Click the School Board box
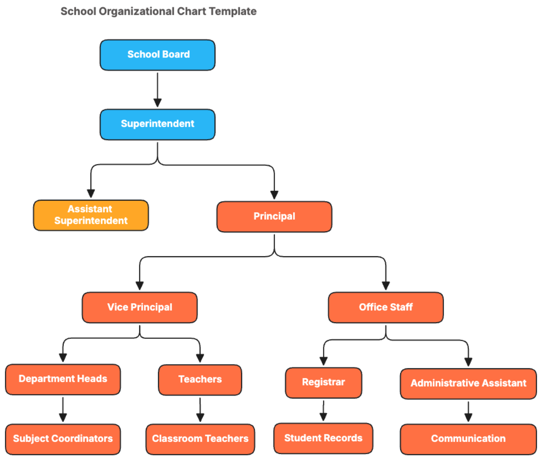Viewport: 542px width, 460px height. [x=157, y=55]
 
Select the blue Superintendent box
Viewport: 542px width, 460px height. [x=157, y=124]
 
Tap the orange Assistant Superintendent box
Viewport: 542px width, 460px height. [x=91, y=215]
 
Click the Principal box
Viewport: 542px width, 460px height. [x=274, y=216]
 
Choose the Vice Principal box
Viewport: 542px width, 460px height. [x=140, y=307]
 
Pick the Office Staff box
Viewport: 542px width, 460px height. [x=386, y=307]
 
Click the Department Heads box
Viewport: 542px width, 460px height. [x=63, y=379]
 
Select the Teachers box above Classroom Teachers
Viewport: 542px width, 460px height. [x=200, y=380]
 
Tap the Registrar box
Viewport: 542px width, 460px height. [x=323, y=382]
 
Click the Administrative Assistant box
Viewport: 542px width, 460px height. [x=468, y=384]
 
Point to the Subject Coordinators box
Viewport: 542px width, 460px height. [x=63, y=439]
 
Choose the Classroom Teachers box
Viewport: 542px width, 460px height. [x=200, y=439]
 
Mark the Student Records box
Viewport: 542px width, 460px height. [x=323, y=438]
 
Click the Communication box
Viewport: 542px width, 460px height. [x=468, y=439]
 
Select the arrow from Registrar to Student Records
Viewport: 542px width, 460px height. [x=323, y=410]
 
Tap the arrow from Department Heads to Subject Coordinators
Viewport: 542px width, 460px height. [x=63, y=409]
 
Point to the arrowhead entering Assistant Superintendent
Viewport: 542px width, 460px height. [x=91, y=193]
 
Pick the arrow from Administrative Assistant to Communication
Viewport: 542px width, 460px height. [x=468, y=411]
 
